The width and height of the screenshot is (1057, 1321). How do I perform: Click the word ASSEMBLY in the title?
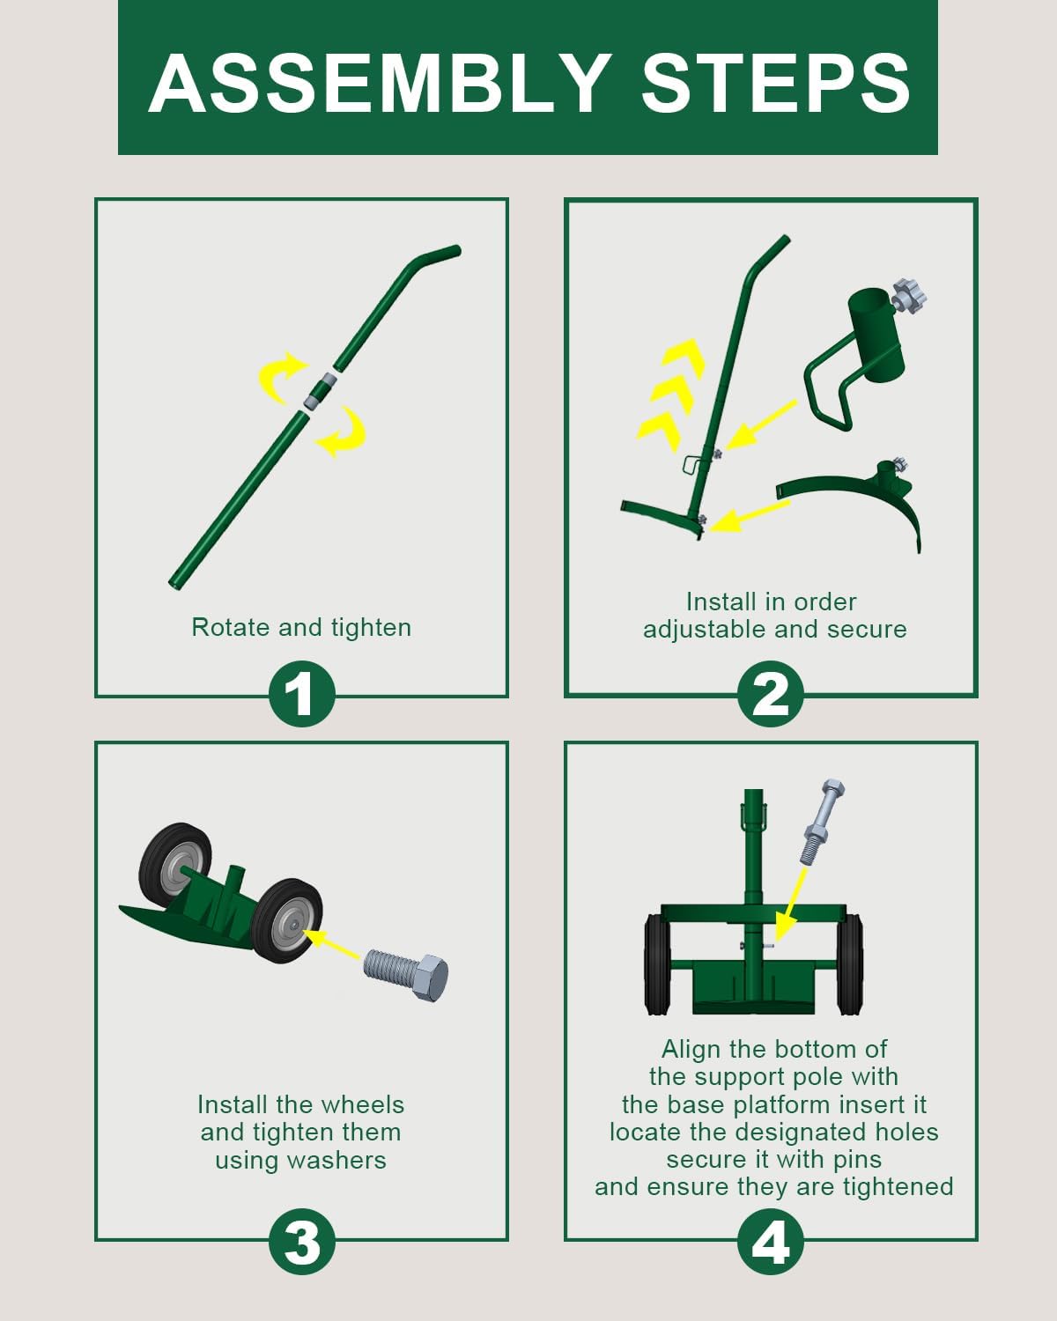[x=381, y=83]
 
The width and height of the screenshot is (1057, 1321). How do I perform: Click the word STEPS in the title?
[x=775, y=83]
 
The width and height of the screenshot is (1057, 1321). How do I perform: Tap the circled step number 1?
[x=301, y=694]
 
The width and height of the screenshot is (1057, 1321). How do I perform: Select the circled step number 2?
[x=770, y=694]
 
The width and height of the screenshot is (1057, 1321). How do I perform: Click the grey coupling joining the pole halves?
[x=321, y=390]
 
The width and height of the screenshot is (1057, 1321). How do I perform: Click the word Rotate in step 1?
[x=230, y=627]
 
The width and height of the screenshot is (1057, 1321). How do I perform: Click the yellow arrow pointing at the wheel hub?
[x=332, y=945]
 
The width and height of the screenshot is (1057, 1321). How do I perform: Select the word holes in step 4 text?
[x=906, y=1132]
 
